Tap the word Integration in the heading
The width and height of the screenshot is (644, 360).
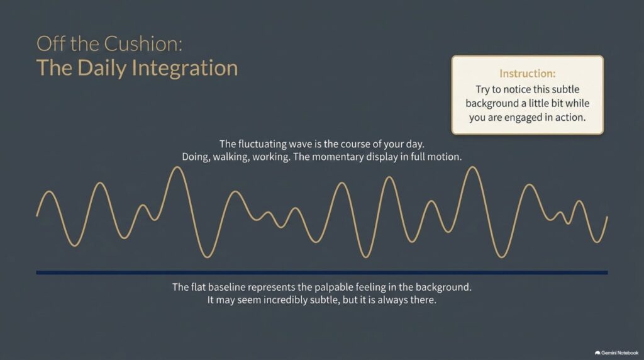point(185,68)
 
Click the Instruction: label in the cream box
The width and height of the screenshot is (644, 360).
point(528,74)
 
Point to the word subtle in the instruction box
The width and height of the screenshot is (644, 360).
point(565,89)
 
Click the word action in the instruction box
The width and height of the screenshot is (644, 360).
point(570,118)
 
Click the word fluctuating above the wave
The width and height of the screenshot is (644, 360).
point(262,144)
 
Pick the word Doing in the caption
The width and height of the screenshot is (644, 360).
point(196,157)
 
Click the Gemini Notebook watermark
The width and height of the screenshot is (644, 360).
point(616,352)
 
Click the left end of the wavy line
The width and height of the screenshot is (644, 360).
point(37,215)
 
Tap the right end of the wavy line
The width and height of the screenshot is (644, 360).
point(607,217)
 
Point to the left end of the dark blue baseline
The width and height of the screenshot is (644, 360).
point(36,273)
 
